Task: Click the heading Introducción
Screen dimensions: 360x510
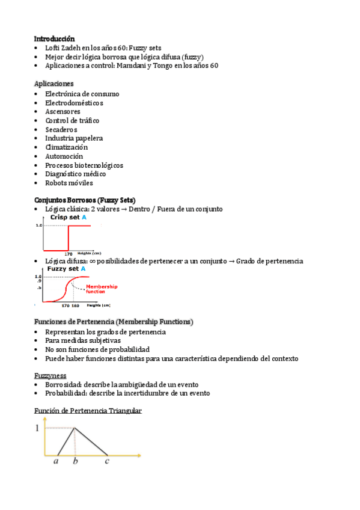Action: pyautogui.click(x=54, y=38)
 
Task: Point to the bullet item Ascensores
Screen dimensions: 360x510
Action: pyautogui.click(x=63, y=111)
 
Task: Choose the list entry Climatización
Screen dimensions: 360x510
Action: pyautogui.click(x=66, y=147)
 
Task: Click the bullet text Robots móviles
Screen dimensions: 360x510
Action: pyautogui.click(x=69, y=183)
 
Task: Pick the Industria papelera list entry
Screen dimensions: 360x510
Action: pyautogui.click(x=73, y=138)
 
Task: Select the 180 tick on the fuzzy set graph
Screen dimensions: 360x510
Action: pyautogui.click(x=75, y=306)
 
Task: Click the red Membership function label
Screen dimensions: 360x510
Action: pyautogui.click(x=102, y=289)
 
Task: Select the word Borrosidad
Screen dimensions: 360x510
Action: pyautogui.click(x=63, y=384)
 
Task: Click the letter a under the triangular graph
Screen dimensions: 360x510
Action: pyautogui.click(x=56, y=462)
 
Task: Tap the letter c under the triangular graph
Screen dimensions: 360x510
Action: pyautogui.click(x=107, y=462)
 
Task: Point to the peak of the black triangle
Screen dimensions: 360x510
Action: pyautogui.click(x=74, y=428)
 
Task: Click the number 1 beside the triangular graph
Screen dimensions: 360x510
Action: pyautogui.click(x=37, y=428)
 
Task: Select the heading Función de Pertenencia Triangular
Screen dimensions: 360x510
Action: pyautogui.click(x=88, y=411)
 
